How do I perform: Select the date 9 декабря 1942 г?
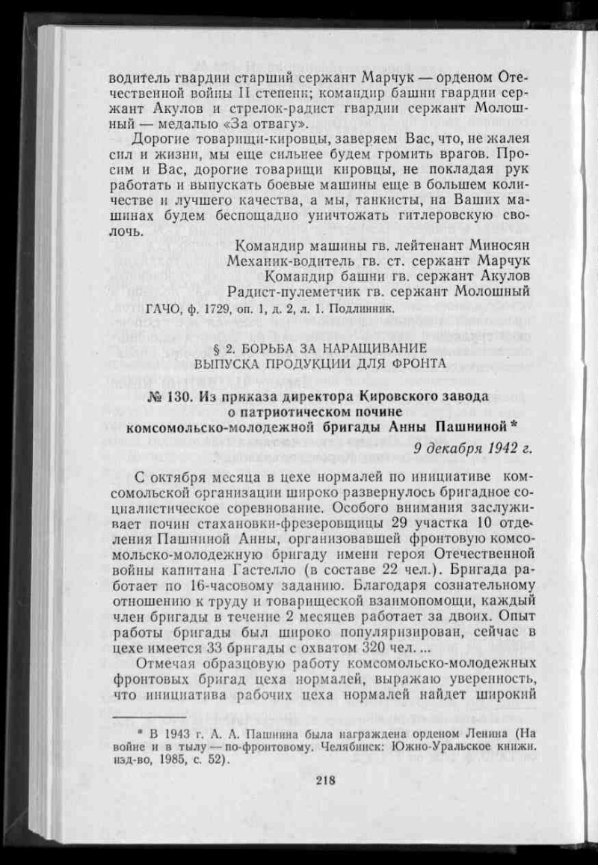(472, 448)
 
